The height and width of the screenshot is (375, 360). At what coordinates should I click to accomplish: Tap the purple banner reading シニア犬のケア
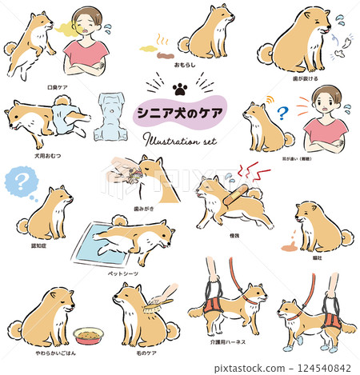coord(181,112)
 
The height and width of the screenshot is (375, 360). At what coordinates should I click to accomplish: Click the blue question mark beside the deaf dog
coord(281,114)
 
